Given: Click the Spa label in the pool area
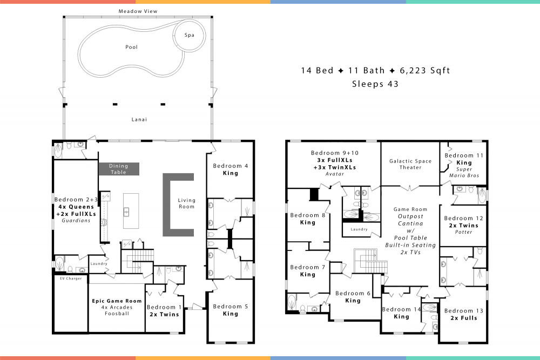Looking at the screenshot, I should click(189, 35).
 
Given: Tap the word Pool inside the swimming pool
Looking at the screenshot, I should click(131, 47).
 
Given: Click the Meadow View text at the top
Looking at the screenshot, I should click(139, 11).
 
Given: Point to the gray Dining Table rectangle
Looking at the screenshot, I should click(119, 169).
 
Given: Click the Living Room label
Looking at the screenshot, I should click(187, 203).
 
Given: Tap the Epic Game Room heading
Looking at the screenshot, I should click(117, 301).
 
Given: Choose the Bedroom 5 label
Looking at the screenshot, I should click(231, 307).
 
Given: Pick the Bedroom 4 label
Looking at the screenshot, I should click(231, 166).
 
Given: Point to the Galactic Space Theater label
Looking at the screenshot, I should click(410, 164).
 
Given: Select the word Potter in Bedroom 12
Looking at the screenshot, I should click(464, 232).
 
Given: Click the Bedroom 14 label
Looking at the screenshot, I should click(401, 309).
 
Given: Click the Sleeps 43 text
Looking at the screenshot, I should click(375, 84).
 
